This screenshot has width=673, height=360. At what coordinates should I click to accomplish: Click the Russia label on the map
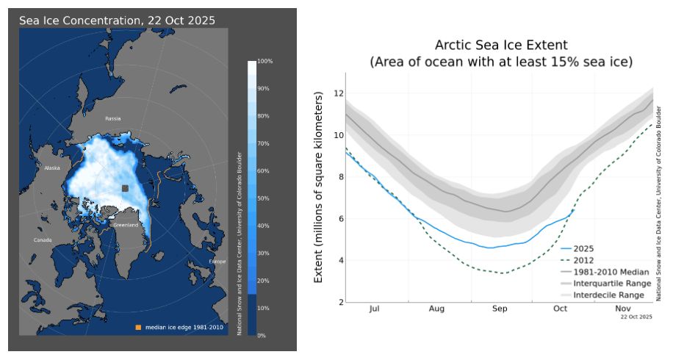pos(112,118)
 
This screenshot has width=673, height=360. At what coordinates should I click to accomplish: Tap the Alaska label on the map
pos(51,168)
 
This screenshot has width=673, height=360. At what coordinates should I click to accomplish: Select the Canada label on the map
pos(43,240)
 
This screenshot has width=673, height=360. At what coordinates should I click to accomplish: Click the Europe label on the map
pos(217,262)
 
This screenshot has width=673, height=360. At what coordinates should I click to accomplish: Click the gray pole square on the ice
pos(126,189)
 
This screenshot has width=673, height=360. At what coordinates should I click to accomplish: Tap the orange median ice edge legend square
pos(136,327)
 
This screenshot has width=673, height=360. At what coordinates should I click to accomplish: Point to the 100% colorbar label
pos(264,61)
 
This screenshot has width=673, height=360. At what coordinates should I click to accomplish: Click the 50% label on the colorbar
pos(264,198)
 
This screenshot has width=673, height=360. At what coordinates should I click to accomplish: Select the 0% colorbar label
pos(262,335)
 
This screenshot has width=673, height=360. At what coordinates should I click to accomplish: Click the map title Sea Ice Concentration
pos(118,21)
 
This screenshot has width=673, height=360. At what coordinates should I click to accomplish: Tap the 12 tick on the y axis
pos(338,93)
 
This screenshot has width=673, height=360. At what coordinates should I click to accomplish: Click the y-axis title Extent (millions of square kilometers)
pos(319,187)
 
